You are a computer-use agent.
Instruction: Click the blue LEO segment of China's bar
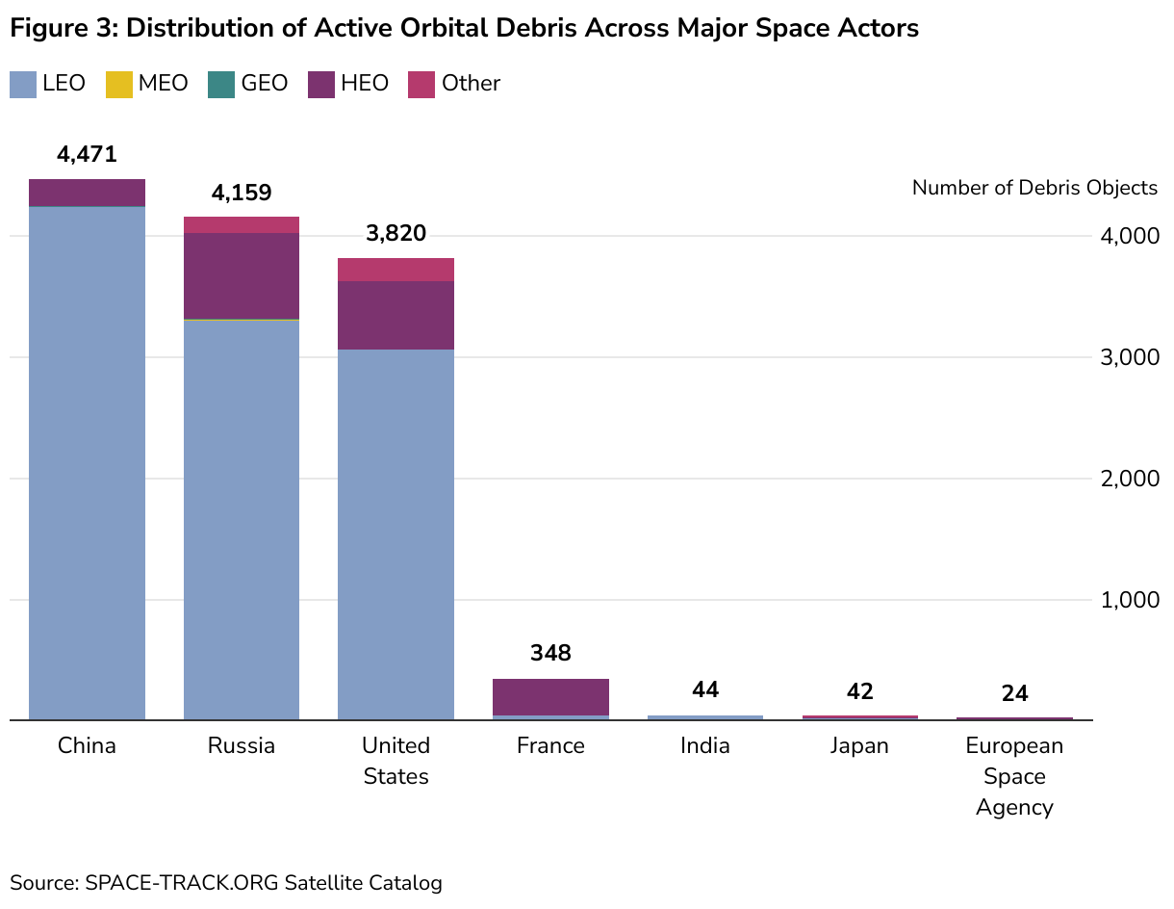[87, 462]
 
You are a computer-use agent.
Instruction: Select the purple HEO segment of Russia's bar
[241, 275]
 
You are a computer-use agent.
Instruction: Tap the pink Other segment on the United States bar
[396, 270]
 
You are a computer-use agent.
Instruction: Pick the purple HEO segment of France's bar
[550, 696]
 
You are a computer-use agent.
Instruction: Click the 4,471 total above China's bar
[87, 154]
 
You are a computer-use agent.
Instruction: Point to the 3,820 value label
[396, 234]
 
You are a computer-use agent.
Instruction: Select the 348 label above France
[550, 654]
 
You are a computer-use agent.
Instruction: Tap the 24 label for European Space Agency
[1014, 693]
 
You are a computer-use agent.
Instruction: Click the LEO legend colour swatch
[23, 84]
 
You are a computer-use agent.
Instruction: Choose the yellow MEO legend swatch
[119, 84]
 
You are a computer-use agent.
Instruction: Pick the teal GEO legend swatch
[221, 84]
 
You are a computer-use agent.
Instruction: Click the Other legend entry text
[471, 84]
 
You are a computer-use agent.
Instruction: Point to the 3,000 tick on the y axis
[1129, 357]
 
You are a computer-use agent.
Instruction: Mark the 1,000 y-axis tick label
[1129, 600]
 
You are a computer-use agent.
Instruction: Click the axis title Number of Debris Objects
[1034, 188]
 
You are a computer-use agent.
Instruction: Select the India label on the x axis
[704, 746]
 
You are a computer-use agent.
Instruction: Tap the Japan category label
[859, 746]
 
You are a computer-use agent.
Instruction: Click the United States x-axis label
[396, 761]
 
